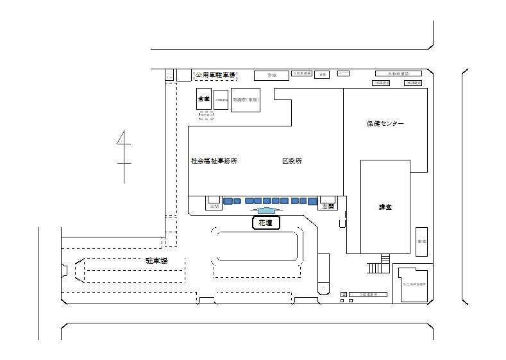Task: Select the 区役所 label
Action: point(292,161)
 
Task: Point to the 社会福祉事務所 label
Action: point(214,161)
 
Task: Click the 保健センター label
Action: point(385,123)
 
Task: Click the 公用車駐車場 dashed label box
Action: point(215,76)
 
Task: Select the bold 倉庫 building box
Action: point(204,99)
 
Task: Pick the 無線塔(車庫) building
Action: point(245,100)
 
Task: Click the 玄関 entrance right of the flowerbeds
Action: point(328,205)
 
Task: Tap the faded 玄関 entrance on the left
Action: point(213,206)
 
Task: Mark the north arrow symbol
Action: point(123,154)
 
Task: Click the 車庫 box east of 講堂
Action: point(421,242)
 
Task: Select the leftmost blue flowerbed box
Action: point(228,201)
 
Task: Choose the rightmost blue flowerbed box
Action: point(312,201)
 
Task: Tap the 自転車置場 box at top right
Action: point(398,74)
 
